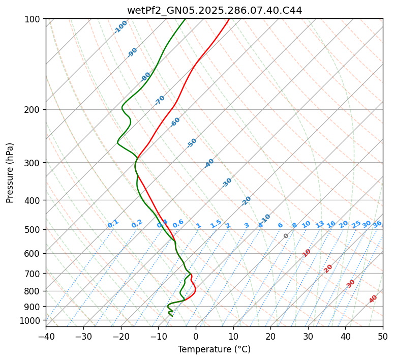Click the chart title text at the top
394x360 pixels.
(x=214, y=10)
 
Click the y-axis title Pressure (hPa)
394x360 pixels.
(x=10, y=173)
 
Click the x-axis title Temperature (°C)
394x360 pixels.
(x=214, y=350)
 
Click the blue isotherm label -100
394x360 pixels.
(x=120, y=27)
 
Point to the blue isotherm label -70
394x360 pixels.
(x=160, y=100)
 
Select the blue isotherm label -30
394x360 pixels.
(x=227, y=183)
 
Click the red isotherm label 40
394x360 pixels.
(x=373, y=299)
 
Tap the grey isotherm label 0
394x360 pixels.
(x=286, y=236)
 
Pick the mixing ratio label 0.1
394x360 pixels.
(x=113, y=224)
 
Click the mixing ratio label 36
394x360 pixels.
(x=377, y=224)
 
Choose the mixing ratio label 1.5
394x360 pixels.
(x=216, y=223)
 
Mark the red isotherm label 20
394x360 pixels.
(x=328, y=268)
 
